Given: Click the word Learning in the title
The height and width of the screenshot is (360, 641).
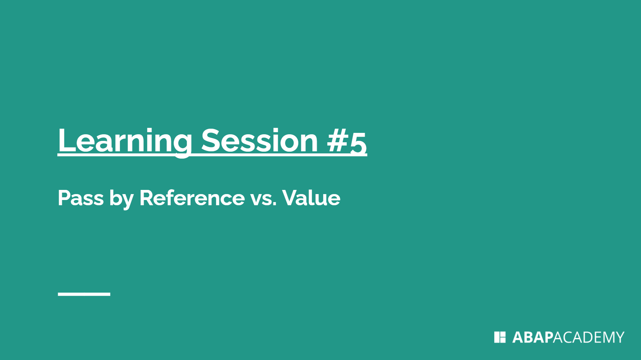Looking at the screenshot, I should [x=125, y=141].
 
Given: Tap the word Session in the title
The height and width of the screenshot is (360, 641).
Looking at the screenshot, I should [x=259, y=141].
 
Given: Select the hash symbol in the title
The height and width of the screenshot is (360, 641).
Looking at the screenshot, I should [x=338, y=141].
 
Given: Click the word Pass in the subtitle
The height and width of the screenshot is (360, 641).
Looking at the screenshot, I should [x=81, y=198].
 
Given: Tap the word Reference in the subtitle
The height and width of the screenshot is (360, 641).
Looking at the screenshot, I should [x=192, y=198].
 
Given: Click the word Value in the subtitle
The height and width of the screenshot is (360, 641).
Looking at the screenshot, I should [x=311, y=198].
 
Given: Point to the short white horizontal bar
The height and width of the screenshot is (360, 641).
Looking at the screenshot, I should [x=84, y=294].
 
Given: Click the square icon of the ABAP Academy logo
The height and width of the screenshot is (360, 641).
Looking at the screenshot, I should [x=500, y=337].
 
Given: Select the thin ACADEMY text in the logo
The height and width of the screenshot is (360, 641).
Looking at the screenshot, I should [x=588, y=337].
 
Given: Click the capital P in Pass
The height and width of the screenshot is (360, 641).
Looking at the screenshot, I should [x=64, y=198].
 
